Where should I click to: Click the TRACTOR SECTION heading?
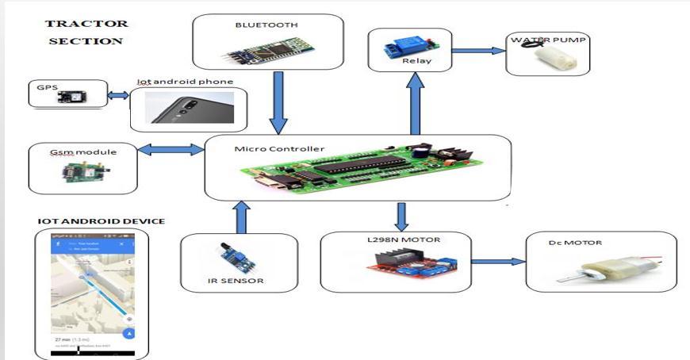tap(86, 32)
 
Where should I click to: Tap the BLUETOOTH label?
tap(266, 25)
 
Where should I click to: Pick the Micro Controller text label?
tap(269, 148)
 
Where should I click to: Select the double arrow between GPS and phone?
tap(118, 96)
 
